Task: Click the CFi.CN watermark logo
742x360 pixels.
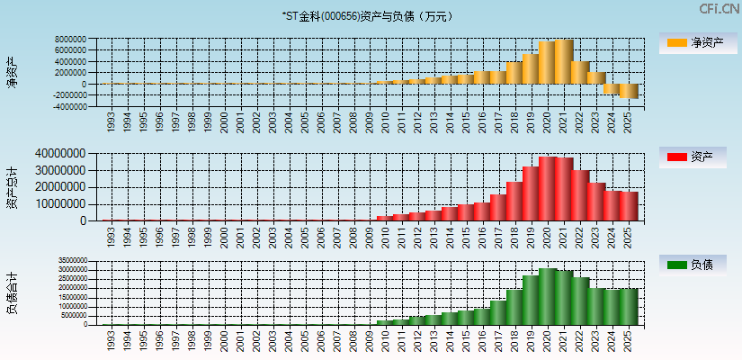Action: pos(719,9)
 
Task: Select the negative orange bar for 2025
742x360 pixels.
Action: pos(629,91)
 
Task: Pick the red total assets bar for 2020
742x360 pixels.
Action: pos(548,189)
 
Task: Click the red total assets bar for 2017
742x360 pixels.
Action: pos(498,207)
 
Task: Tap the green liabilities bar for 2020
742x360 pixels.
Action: pos(548,296)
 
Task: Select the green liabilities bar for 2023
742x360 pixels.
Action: pos(596,306)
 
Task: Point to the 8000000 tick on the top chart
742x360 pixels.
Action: pos(70,40)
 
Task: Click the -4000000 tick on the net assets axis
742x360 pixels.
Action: pos(68,106)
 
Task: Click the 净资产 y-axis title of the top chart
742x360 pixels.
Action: pos(12,73)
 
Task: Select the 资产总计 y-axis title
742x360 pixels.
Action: pos(12,188)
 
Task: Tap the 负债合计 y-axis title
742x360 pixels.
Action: pos(12,293)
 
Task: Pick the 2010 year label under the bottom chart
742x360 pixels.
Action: pos(385,340)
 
